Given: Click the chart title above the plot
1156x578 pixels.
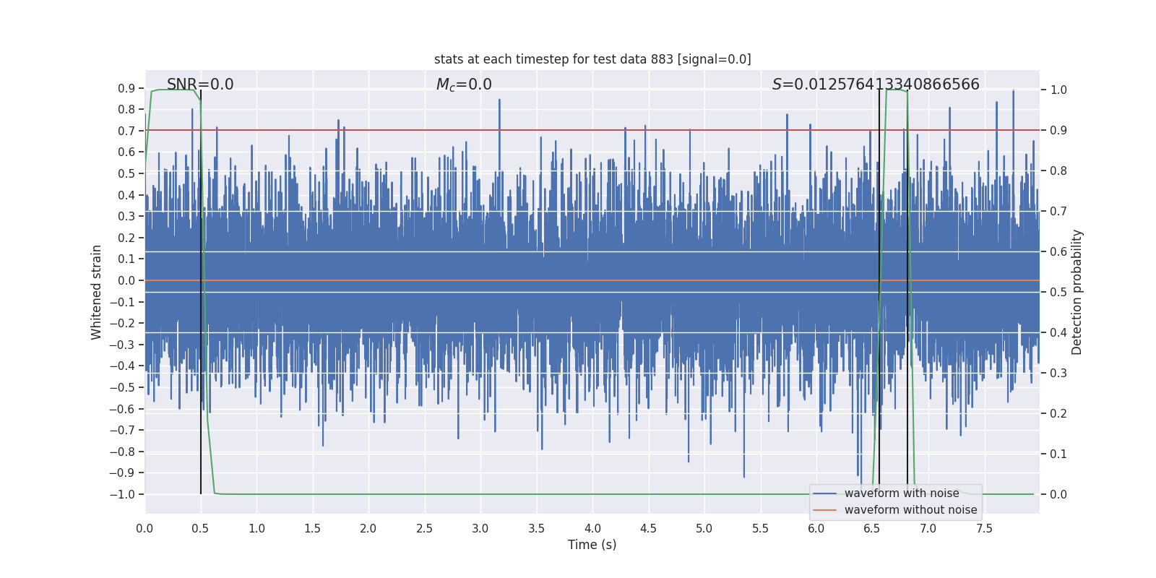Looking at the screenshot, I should [x=592, y=59].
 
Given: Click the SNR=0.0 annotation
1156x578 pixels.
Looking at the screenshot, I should [x=200, y=85].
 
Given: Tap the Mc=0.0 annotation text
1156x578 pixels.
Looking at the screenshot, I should [x=464, y=85].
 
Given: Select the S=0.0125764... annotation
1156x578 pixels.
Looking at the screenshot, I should [x=876, y=85].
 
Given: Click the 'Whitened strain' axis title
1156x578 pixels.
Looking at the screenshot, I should [x=97, y=292].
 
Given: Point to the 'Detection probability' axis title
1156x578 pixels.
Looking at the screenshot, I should [x=1077, y=292].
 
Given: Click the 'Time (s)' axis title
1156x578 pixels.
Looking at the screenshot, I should [x=592, y=545].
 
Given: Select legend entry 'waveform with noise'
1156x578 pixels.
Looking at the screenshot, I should [x=901, y=493].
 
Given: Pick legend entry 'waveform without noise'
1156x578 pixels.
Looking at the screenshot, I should [x=910, y=510].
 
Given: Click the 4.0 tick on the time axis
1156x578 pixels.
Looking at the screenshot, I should [x=592, y=528].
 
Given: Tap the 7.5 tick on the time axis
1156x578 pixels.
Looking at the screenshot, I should [x=984, y=528].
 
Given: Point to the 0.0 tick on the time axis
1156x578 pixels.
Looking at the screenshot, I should [x=145, y=528].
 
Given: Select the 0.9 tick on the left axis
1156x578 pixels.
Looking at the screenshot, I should [x=126, y=88].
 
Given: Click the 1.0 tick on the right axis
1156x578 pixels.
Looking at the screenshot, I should [x=1058, y=90].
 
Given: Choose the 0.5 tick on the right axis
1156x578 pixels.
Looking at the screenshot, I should [x=1058, y=293].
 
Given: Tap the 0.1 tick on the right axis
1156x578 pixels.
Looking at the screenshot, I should [x=1058, y=454].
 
